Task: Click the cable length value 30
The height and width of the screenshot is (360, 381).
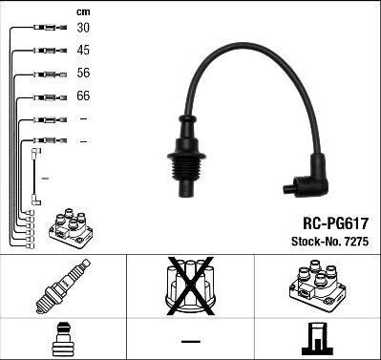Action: (x=83, y=28)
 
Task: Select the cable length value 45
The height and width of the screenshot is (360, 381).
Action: (x=83, y=51)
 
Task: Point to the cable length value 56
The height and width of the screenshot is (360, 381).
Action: (x=83, y=73)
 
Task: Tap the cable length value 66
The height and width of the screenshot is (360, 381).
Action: (x=83, y=95)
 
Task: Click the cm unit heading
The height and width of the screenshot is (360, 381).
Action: (x=83, y=12)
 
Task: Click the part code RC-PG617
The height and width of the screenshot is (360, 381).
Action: (x=335, y=223)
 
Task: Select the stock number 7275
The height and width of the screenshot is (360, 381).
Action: (x=356, y=242)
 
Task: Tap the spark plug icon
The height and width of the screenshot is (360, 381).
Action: (x=63, y=286)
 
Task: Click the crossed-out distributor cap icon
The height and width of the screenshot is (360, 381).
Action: (x=190, y=286)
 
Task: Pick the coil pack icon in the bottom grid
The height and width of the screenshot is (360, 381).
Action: (x=318, y=286)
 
